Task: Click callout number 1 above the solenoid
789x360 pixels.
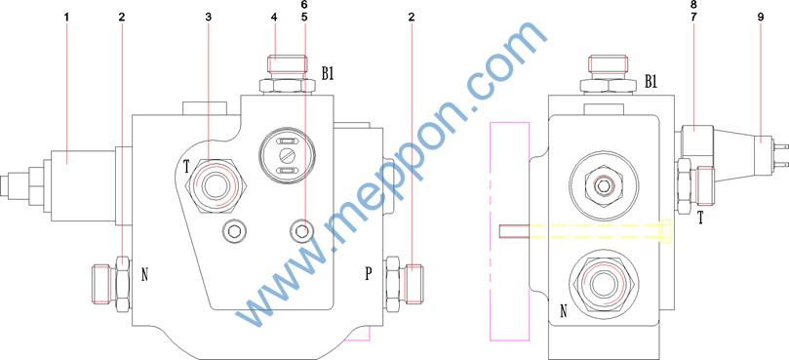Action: click(66, 18)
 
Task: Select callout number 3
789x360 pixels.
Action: click(209, 18)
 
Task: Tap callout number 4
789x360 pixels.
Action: click(274, 18)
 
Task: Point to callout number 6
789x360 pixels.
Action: click(303, 5)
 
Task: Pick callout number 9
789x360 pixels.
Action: click(760, 18)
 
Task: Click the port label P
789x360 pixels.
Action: click(369, 273)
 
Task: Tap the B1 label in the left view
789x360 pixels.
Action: click(328, 73)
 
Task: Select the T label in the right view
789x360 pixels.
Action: click(700, 218)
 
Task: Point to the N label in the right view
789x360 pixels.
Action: click(564, 312)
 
